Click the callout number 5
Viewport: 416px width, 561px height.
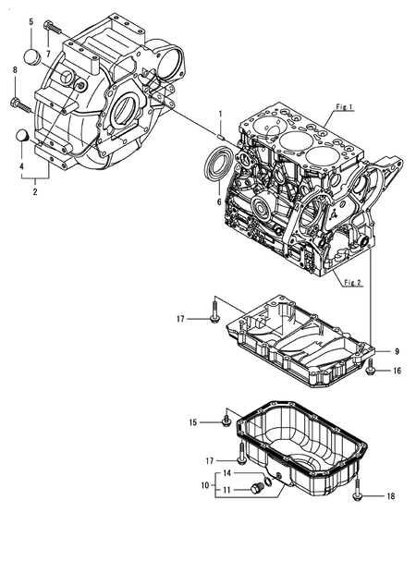(x=31, y=21)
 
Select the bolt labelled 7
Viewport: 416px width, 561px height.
(x=52, y=27)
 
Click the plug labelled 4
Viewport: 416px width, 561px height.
(x=23, y=136)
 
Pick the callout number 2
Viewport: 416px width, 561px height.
(x=35, y=191)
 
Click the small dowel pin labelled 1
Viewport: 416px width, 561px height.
(x=221, y=136)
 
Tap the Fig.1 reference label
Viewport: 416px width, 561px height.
(x=345, y=107)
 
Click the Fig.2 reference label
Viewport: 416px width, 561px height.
(x=352, y=283)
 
